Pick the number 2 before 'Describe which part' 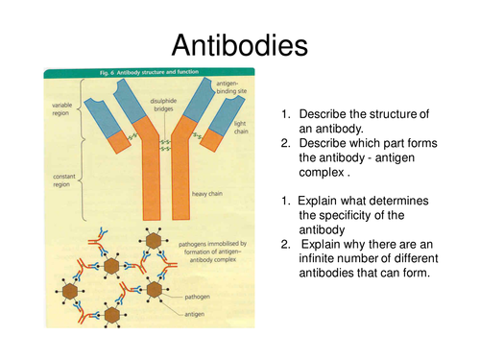(x=284, y=143)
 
